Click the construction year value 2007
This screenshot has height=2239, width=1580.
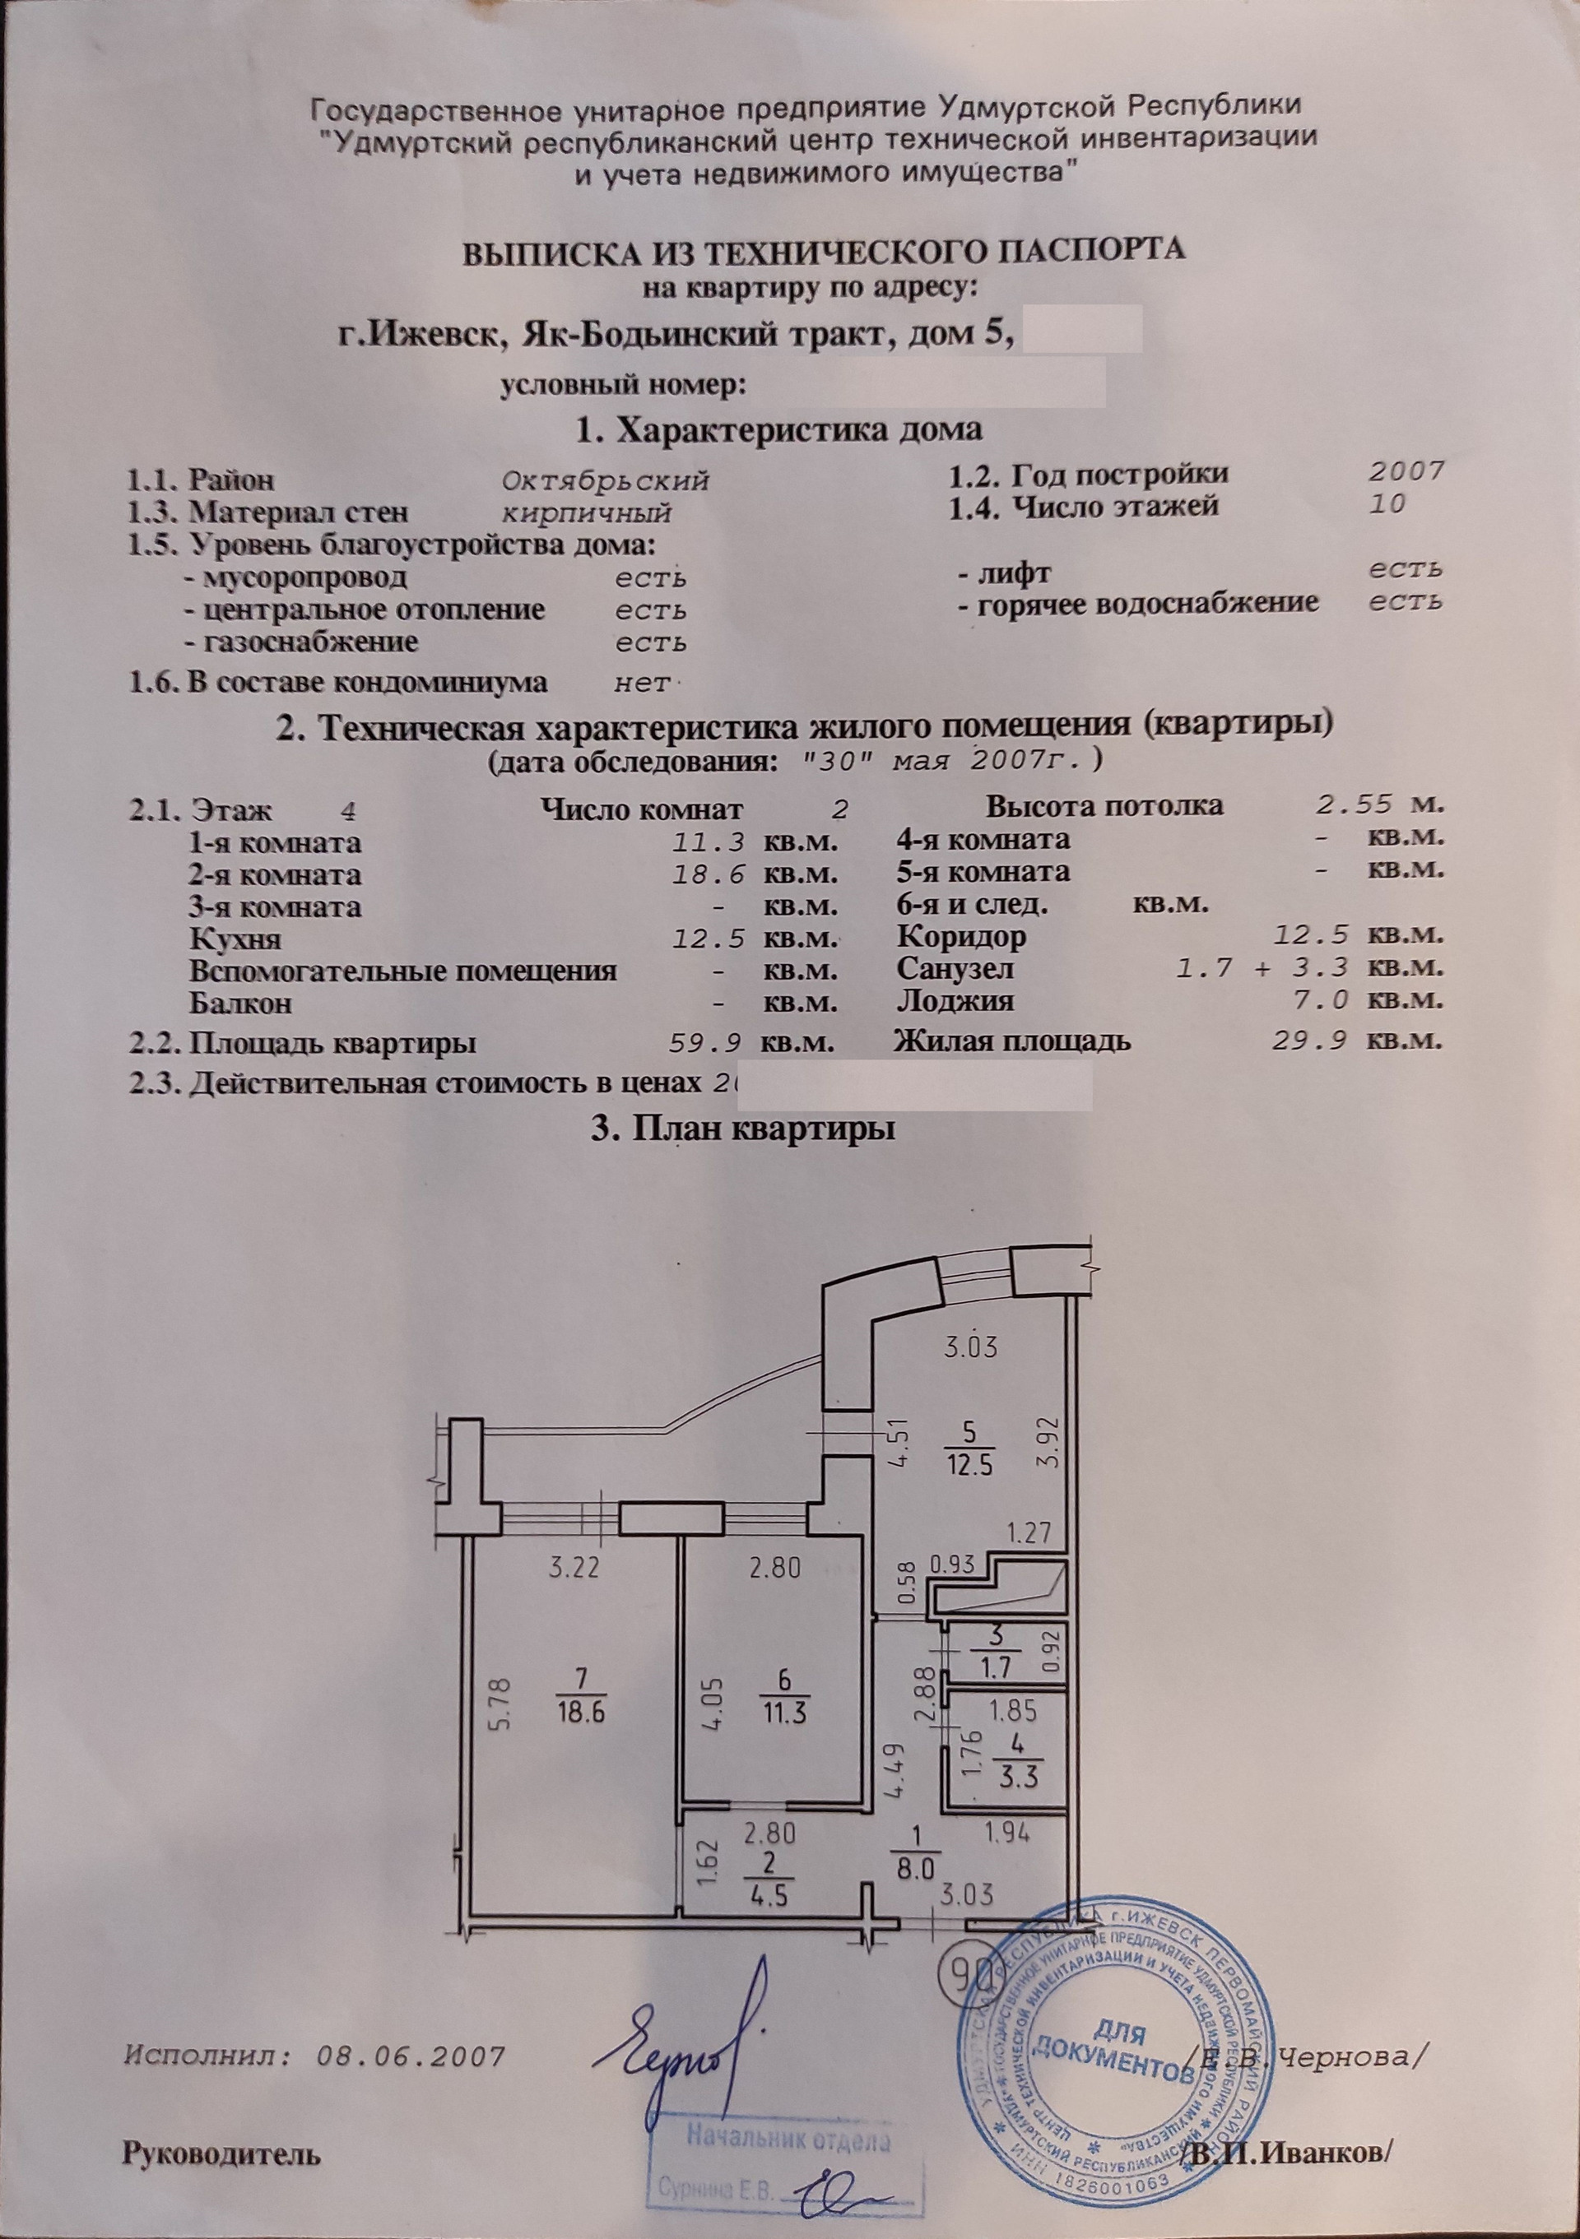tap(1406, 473)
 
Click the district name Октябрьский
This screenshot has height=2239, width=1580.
tap(604, 480)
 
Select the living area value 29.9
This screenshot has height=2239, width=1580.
tap(1312, 1041)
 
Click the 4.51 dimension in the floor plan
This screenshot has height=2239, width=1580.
tap(881, 1445)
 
